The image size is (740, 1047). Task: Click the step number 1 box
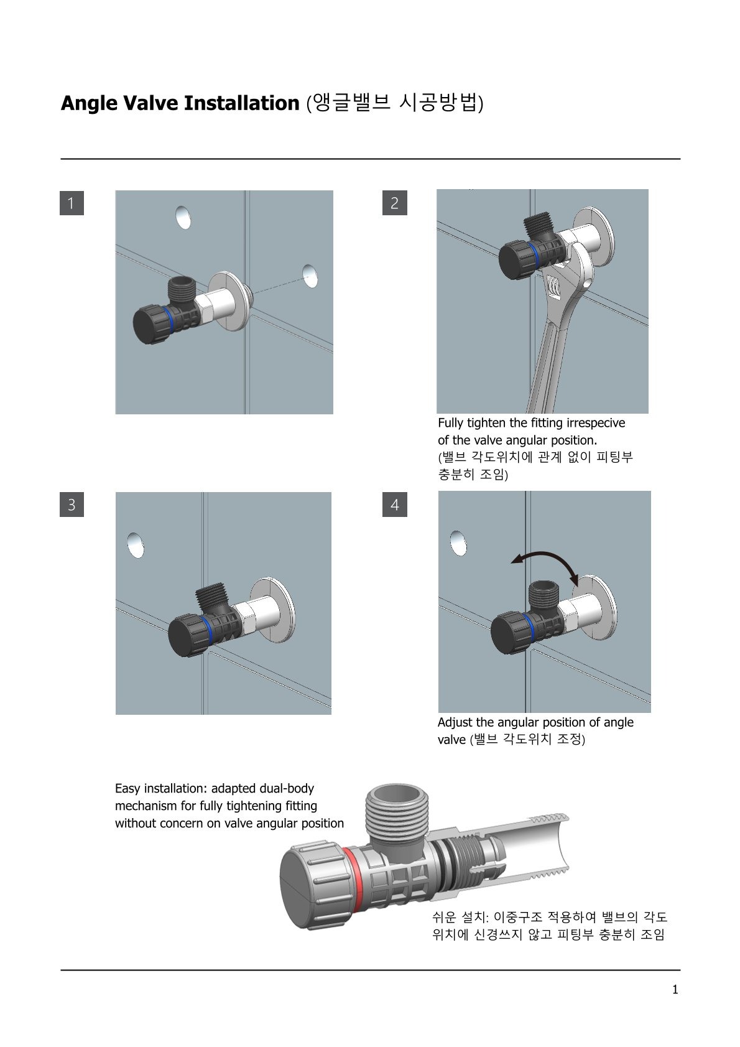[72, 203]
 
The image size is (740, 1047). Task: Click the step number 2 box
[394, 203]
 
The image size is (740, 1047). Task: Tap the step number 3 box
[72, 504]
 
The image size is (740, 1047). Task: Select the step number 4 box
[394, 504]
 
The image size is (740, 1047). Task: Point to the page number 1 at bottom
[675, 990]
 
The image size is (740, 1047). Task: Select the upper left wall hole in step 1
[183, 217]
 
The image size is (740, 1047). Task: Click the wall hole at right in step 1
[310, 275]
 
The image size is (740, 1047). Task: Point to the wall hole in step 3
[135, 544]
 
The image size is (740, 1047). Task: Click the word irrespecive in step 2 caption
[595, 423]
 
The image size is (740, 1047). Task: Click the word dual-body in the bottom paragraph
[287, 788]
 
